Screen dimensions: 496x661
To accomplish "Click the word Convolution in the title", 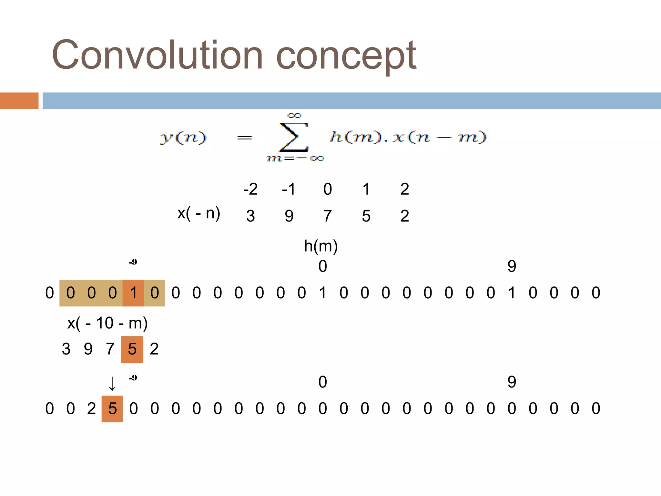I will click(157, 55).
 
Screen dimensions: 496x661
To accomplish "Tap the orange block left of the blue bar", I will click(19, 101).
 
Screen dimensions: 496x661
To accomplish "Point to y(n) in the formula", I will click(183, 138).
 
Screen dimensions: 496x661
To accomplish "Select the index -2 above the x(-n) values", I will click(250, 189).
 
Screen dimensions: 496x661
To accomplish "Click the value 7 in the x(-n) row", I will click(327, 216).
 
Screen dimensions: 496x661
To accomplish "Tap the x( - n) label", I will click(198, 213).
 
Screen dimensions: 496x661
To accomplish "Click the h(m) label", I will click(320, 246).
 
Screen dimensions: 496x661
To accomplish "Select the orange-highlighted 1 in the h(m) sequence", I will click(133, 293).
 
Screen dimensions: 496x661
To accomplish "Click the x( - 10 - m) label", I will click(107, 323).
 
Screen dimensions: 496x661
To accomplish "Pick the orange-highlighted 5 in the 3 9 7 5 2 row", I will click(132, 349).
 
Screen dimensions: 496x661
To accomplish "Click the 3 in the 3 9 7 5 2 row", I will click(66, 349).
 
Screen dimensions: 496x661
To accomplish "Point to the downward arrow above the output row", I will click(112, 384).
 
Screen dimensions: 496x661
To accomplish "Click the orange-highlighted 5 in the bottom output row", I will click(112, 409).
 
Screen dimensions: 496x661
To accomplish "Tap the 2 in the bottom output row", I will click(91, 409).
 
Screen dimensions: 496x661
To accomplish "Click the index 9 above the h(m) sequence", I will click(512, 266).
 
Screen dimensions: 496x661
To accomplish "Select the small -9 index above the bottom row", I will click(133, 377).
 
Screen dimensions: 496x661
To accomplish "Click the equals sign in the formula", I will click(244, 138).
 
